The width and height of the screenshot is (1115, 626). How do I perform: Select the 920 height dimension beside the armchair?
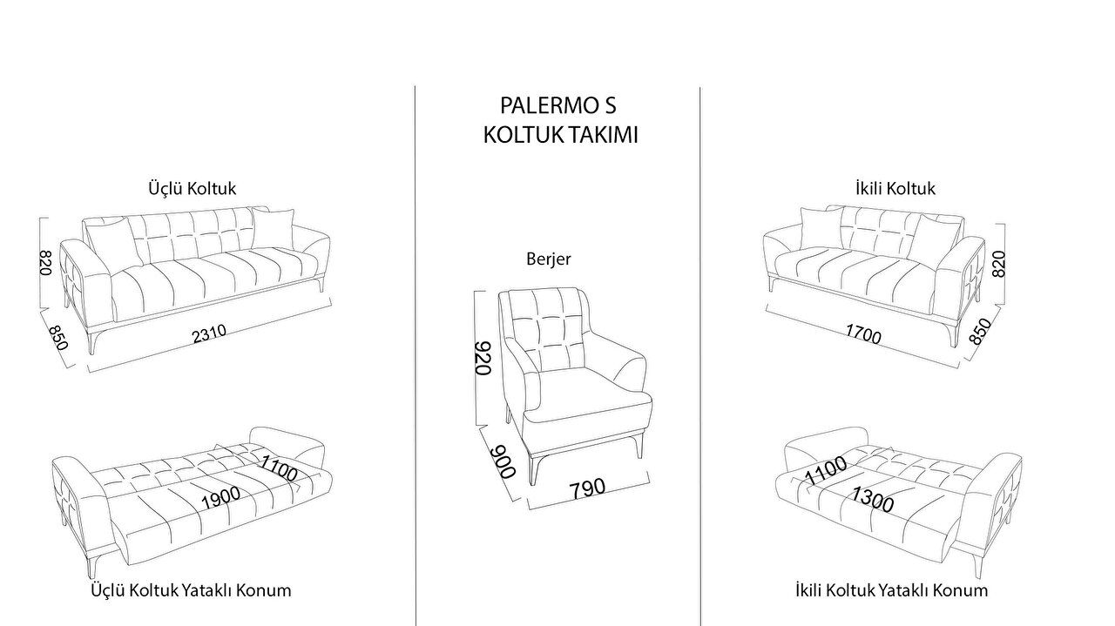[483, 358]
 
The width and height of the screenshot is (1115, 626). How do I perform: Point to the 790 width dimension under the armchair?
[587, 488]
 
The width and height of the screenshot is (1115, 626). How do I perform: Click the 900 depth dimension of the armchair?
[502, 461]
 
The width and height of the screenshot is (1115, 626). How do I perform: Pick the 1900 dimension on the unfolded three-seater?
[220, 498]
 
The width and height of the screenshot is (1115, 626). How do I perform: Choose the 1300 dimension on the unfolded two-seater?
[872, 499]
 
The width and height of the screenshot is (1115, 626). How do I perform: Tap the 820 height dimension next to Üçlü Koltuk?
[45, 262]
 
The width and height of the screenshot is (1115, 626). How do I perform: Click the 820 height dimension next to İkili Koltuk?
[998, 264]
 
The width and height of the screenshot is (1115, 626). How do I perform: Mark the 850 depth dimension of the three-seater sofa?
[57, 338]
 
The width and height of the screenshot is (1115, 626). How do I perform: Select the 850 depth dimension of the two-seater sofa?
[980, 332]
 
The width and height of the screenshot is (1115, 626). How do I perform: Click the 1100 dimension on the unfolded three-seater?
[279, 468]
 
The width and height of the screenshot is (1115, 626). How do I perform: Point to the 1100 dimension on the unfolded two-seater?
[826, 470]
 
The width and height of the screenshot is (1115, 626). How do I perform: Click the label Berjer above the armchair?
[549, 259]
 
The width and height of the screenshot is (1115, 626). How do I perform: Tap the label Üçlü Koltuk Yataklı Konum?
[191, 590]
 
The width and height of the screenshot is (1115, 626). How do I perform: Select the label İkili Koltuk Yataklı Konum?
[891, 590]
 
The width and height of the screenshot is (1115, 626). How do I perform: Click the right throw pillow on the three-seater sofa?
[274, 226]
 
